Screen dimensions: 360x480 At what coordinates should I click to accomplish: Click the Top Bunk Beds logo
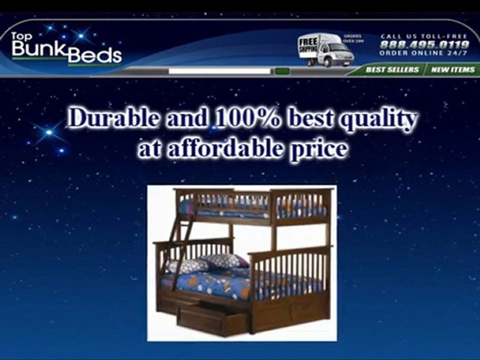[66, 49]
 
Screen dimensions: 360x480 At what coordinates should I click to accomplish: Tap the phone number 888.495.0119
[424, 44]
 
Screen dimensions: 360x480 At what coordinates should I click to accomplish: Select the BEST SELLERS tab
[391, 69]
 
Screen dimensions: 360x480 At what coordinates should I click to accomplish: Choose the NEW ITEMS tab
[452, 69]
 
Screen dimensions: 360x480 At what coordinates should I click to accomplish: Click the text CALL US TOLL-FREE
[423, 36]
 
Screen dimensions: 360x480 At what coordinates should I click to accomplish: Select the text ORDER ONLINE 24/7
[423, 53]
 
